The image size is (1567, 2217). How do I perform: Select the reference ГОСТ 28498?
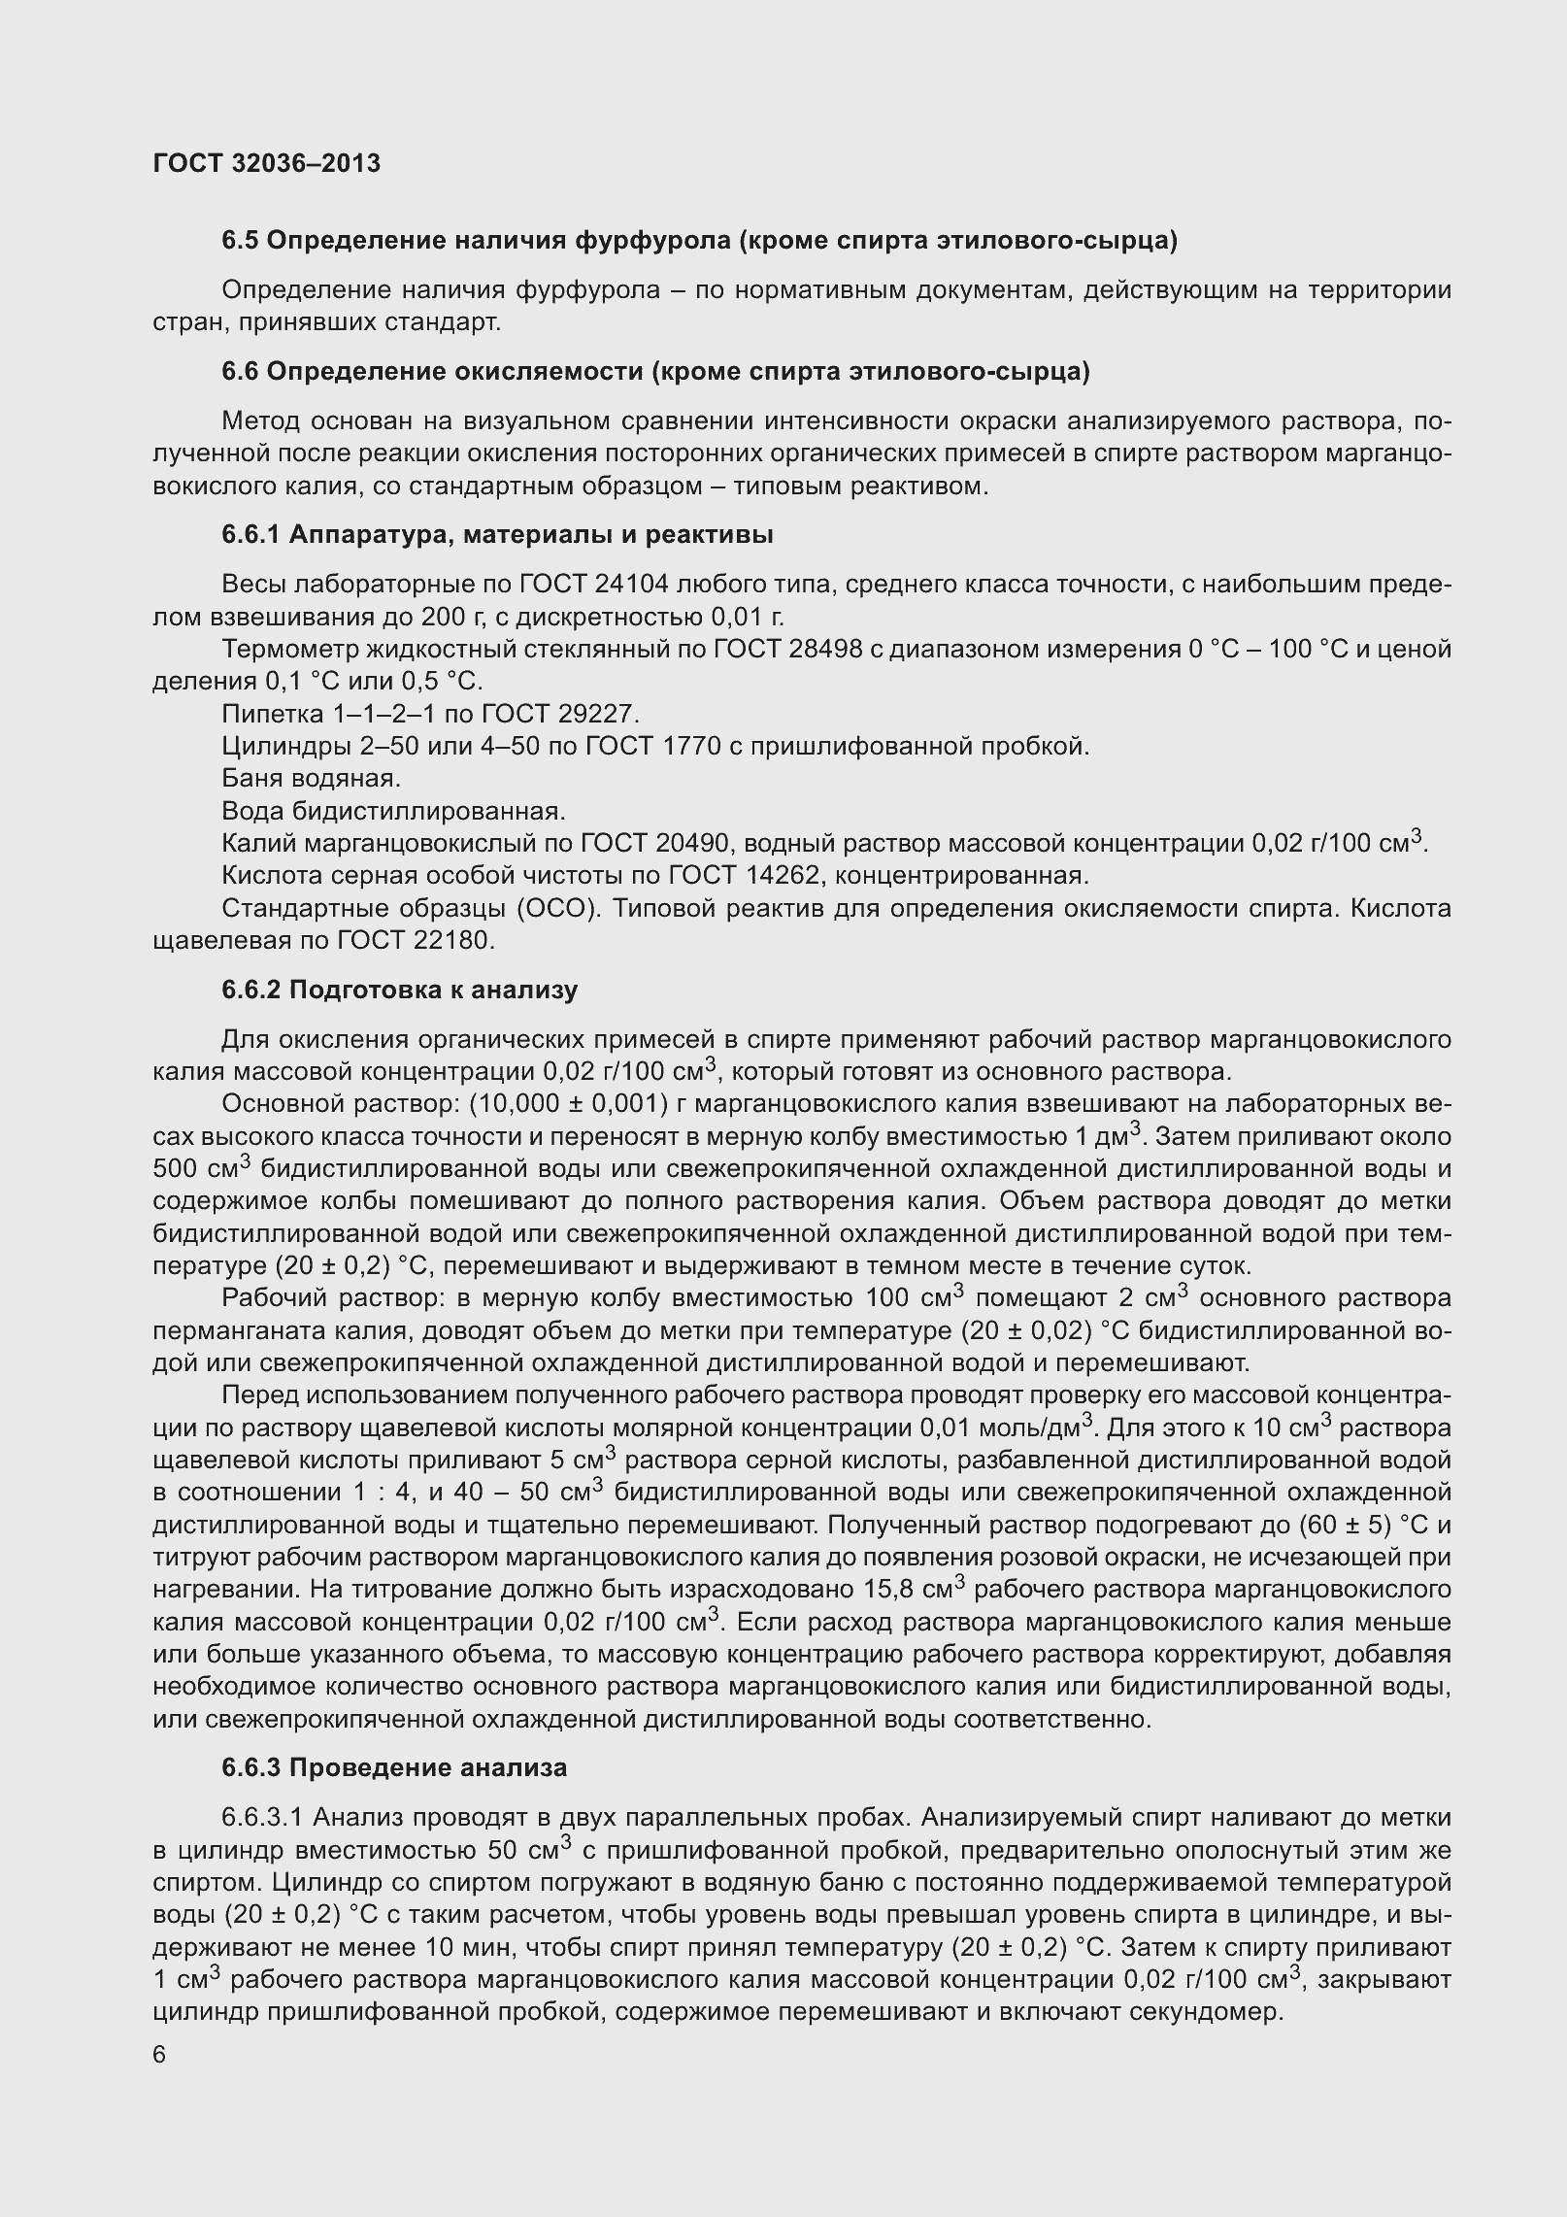click(787, 649)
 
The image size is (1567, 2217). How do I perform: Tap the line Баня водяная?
click(312, 779)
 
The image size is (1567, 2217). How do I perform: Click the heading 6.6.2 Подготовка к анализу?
click(399, 990)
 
